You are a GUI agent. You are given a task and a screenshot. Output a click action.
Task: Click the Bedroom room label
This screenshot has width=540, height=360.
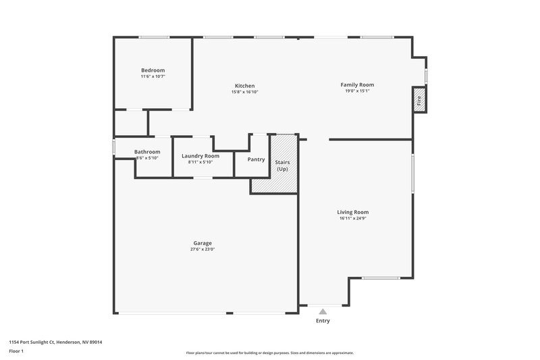[153, 70]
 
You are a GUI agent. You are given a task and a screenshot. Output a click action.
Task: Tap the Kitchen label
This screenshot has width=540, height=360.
[244, 86]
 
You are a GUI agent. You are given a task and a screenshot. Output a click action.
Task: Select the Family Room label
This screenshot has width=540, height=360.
[357, 84]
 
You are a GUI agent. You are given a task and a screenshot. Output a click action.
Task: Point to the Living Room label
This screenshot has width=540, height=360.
[353, 212]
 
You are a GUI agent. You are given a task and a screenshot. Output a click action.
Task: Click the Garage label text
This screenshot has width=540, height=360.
[202, 243]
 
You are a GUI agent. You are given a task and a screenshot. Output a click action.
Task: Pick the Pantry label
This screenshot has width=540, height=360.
[256, 159]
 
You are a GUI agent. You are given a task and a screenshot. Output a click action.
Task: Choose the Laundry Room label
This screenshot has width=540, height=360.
[200, 156]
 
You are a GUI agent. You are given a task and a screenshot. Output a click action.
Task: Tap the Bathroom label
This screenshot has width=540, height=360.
[147, 152]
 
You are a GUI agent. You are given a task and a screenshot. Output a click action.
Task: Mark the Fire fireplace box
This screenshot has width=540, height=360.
[419, 100]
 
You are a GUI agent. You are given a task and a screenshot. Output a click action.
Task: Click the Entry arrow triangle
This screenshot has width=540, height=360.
[323, 311]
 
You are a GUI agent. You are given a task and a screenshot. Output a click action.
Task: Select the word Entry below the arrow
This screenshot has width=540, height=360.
[323, 321]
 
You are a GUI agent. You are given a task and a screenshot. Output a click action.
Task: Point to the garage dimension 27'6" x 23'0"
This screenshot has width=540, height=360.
[202, 249]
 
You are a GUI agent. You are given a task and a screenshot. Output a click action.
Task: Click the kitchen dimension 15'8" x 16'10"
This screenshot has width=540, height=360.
[244, 92]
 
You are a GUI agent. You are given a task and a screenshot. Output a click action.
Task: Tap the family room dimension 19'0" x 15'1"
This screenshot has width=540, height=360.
[357, 91]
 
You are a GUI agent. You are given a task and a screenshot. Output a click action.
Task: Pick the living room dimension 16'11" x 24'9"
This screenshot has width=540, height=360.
[353, 218]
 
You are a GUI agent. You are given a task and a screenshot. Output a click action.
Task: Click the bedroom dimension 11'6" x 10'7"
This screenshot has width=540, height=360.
[153, 76]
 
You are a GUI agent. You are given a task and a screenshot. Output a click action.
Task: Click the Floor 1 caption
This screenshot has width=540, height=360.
[16, 352]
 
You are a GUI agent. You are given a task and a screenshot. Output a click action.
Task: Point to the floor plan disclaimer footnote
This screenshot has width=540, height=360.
[269, 353]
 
